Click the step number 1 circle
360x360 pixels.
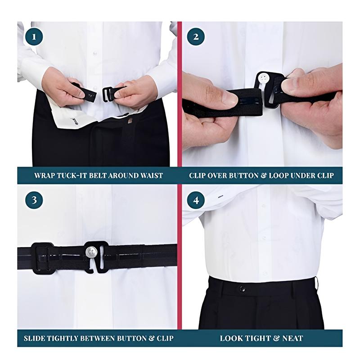[34, 37]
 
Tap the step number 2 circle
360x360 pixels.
[196, 37]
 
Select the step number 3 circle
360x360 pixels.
[34, 200]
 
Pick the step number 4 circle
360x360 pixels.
[196, 200]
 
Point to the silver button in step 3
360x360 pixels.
[91, 252]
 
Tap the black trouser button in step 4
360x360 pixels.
[242, 289]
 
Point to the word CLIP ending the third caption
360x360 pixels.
[165, 338]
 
